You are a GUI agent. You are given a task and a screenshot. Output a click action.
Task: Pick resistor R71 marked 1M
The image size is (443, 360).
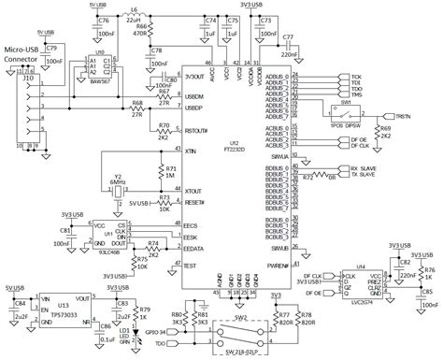pyautogui.click(x=168, y=176)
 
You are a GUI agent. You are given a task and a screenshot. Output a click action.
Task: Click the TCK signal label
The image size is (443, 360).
pyautogui.click(x=356, y=76)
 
